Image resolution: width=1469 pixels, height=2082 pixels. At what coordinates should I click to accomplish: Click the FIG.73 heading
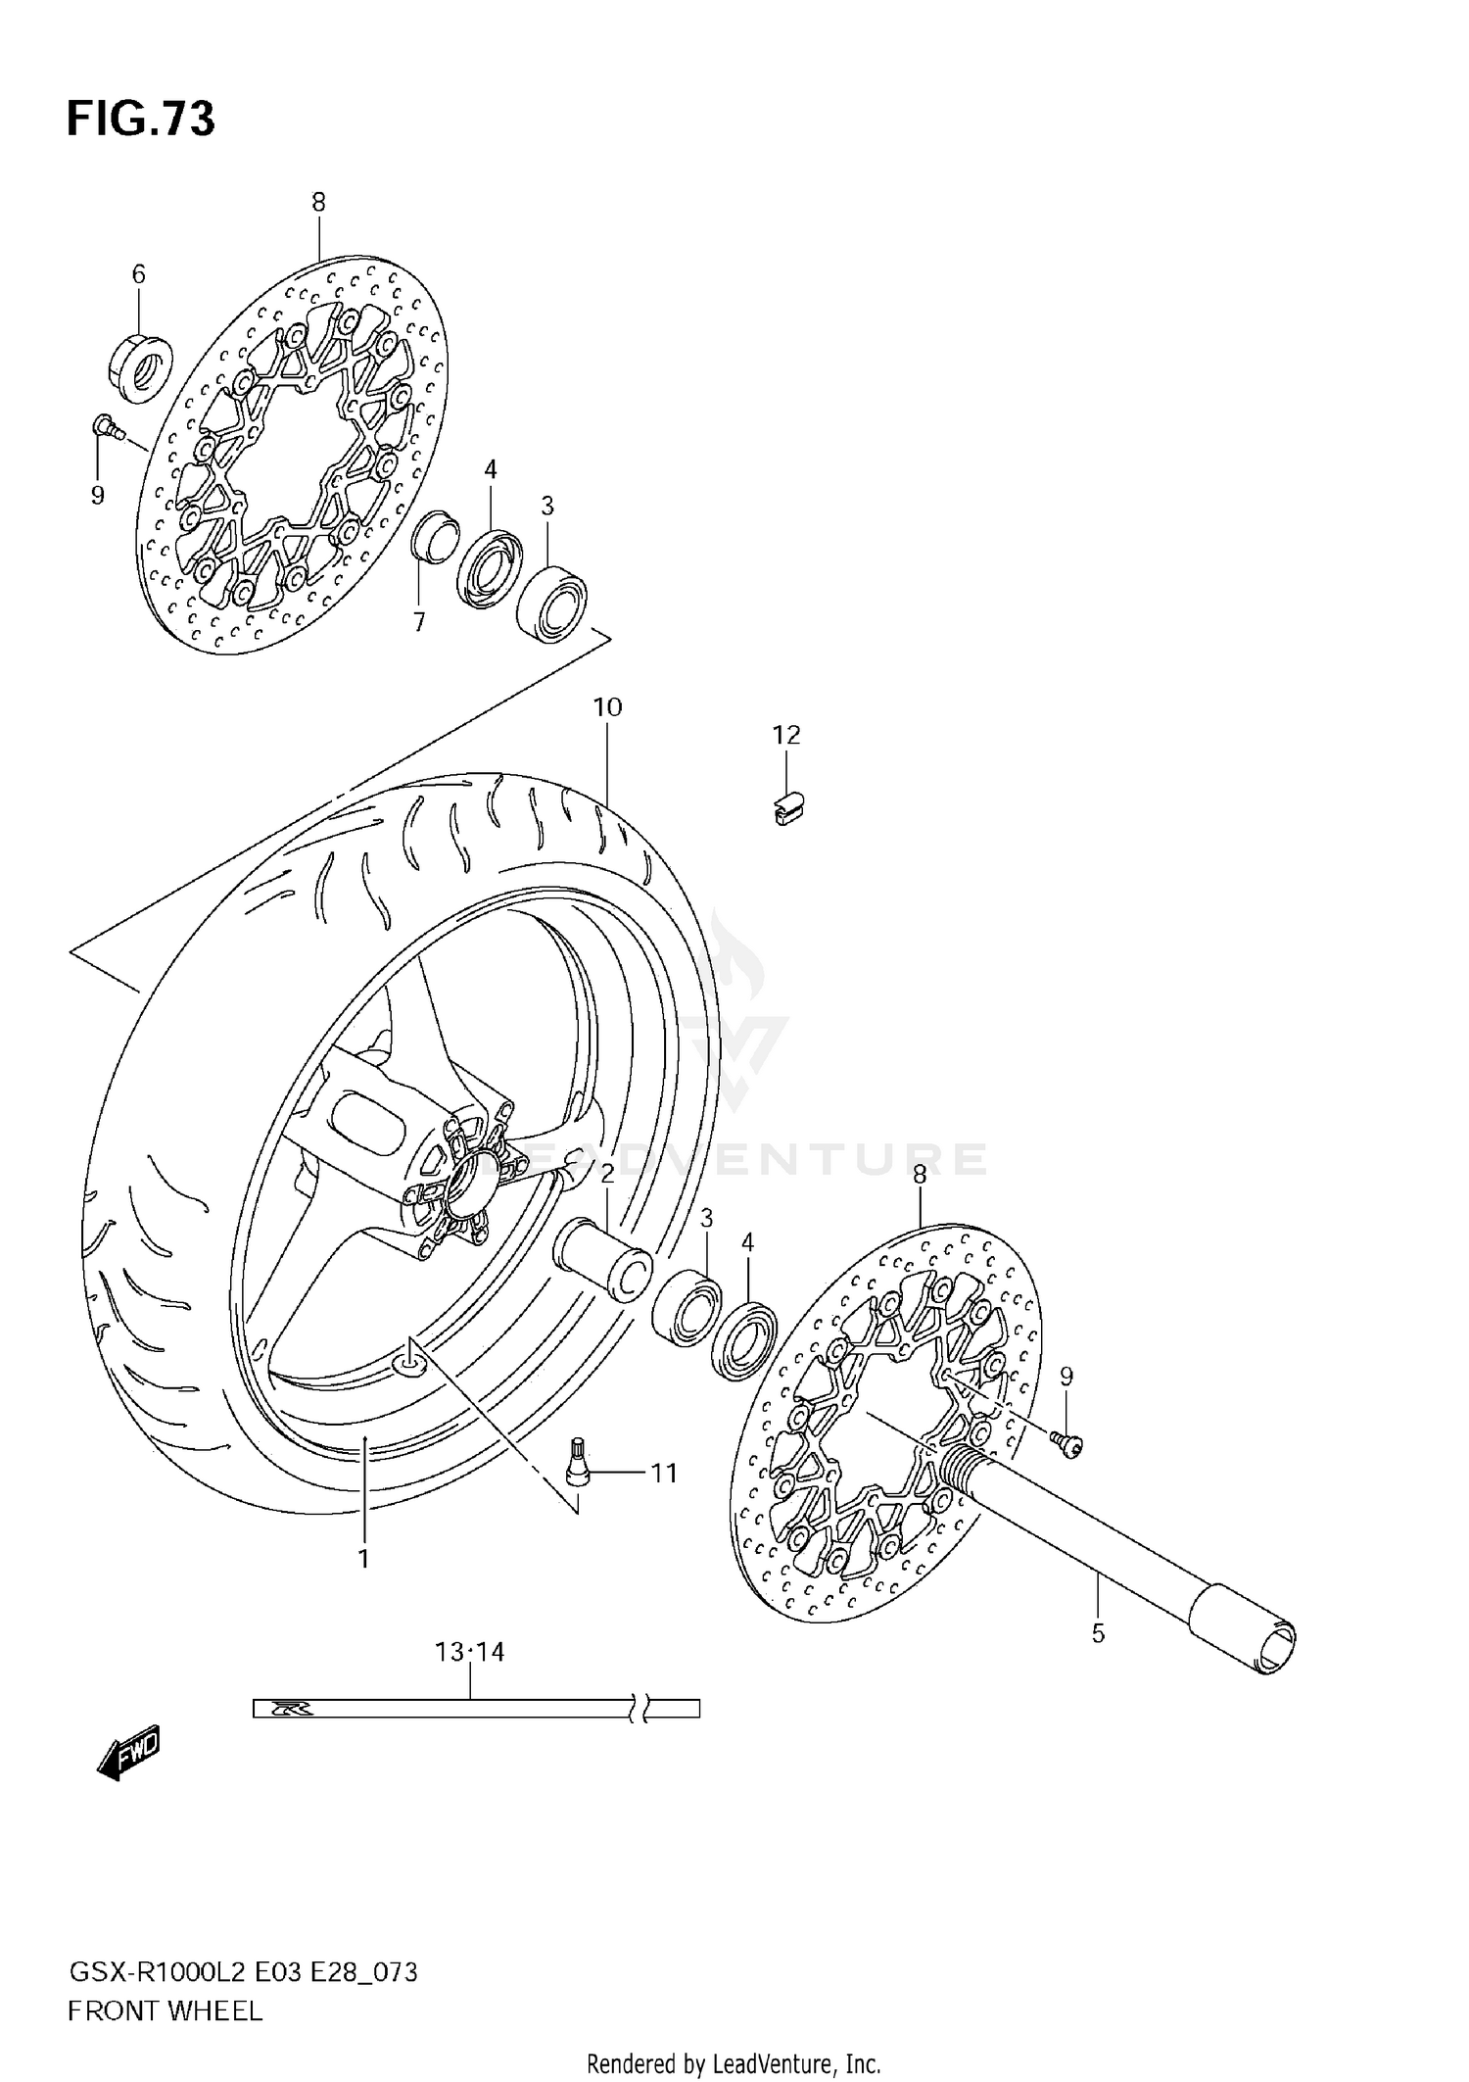(140, 120)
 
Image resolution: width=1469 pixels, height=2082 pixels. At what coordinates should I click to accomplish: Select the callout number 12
(786, 735)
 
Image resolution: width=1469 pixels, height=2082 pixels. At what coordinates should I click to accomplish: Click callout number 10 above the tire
(607, 707)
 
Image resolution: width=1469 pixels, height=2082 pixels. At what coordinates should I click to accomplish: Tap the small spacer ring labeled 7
(434, 538)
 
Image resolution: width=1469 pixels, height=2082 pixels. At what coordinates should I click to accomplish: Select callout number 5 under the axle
(1098, 1633)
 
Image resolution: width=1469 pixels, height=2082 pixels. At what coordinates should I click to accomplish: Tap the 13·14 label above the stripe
(470, 1652)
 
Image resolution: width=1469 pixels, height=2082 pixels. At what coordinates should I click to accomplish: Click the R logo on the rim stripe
(291, 1709)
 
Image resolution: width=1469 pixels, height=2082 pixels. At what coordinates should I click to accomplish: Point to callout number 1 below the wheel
(363, 1559)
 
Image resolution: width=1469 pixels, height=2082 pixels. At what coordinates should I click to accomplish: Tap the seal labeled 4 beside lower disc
(744, 1339)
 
